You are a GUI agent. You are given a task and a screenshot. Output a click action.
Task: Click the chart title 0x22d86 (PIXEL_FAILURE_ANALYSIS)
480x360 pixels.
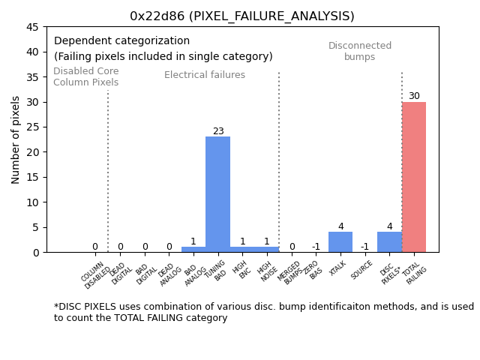coord(242,16)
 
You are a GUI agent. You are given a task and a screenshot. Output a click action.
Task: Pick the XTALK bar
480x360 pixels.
coord(340,242)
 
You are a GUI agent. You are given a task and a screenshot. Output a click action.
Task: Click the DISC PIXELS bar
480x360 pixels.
coord(389,242)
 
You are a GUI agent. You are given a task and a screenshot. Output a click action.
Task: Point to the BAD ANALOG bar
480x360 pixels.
coord(193,250)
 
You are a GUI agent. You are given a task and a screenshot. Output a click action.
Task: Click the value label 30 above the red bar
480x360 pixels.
coord(414,96)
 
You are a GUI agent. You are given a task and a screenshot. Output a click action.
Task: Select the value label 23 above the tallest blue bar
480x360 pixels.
coord(218,131)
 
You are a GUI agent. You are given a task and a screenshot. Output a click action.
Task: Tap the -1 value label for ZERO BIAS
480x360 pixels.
coord(316,247)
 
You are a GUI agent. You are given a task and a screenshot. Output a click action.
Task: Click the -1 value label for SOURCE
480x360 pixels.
coord(364,247)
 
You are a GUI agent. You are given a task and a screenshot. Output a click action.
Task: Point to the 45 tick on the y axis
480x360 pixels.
coord(33,27)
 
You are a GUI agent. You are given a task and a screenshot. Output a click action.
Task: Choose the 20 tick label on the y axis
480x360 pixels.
coord(33,152)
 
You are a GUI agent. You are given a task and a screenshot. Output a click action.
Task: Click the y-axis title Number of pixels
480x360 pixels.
coord(16,139)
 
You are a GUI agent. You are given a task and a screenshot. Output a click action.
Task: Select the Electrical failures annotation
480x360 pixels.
coord(205,75)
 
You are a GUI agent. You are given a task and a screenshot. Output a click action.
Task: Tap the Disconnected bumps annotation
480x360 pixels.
coord(360,52)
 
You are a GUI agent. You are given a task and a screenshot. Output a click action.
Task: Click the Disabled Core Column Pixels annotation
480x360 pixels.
coord(85,77)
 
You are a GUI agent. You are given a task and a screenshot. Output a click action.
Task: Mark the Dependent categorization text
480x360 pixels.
coord(121,41)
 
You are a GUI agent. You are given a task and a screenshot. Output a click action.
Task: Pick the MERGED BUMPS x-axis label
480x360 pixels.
coord(292,274)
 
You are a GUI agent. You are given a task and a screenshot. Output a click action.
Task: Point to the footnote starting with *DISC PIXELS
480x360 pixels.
coord(263,312)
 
